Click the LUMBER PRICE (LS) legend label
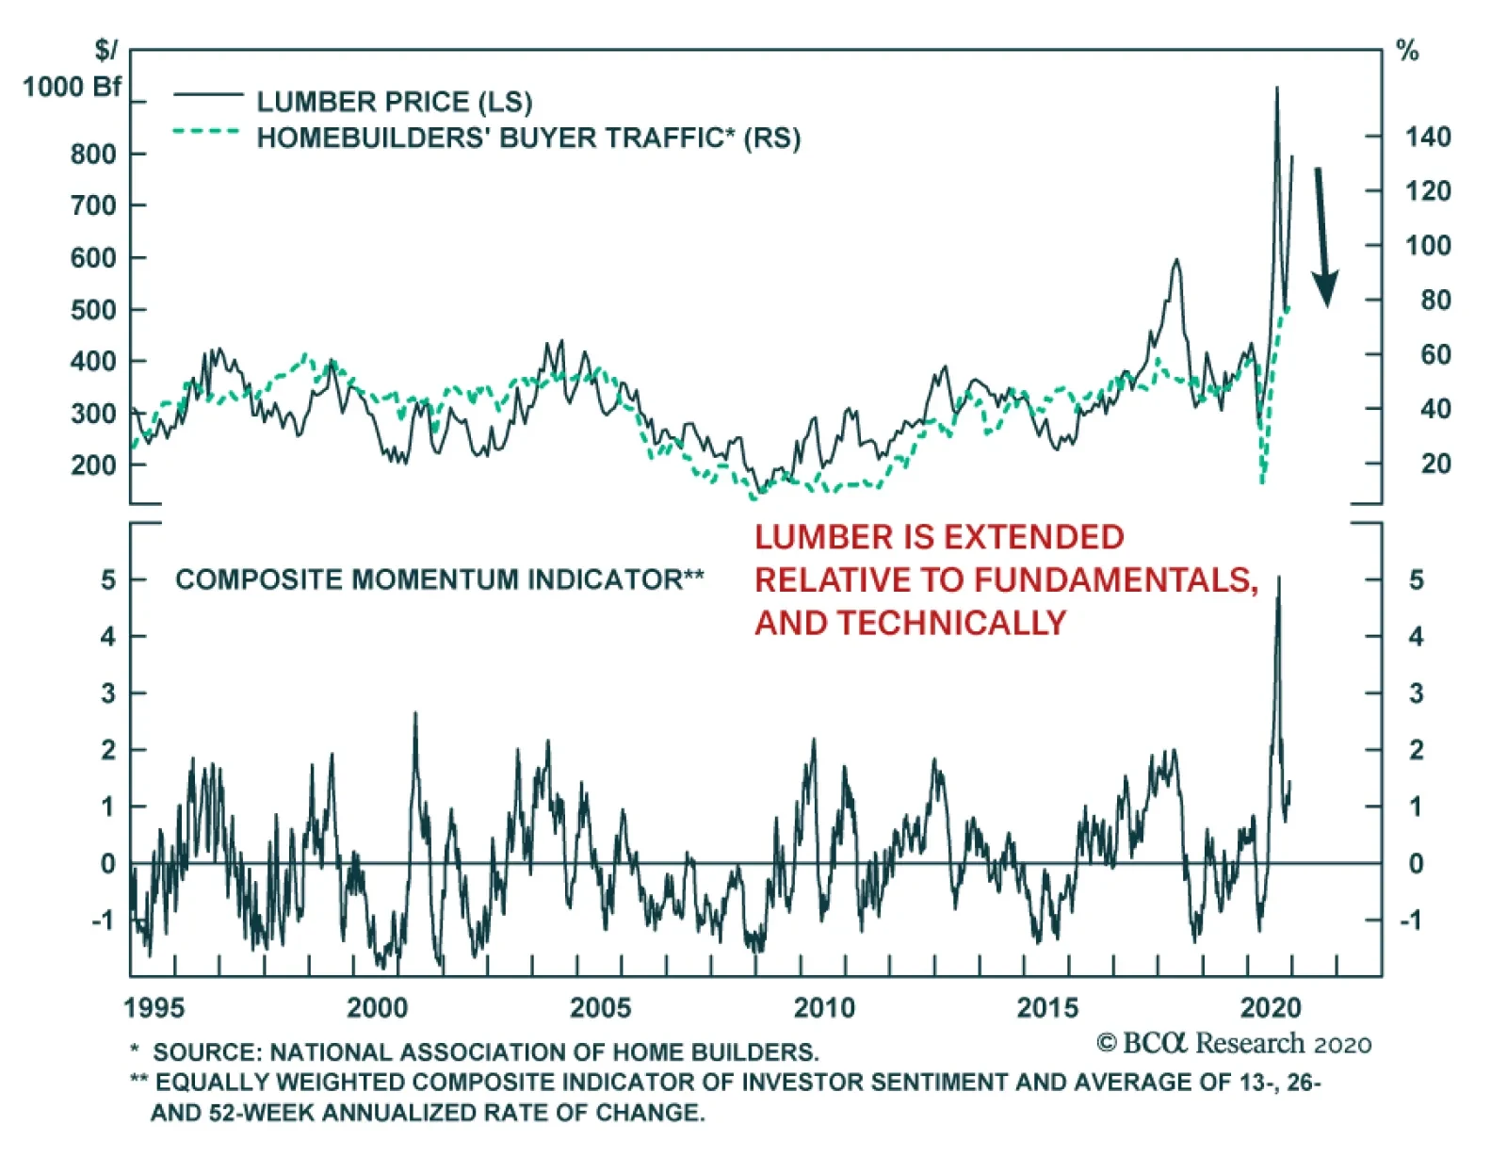(x=394, y=102)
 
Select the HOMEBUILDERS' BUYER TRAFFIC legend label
(x=527, y=138)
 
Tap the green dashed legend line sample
(x=206, y=131)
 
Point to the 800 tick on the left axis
(x=93, y=154)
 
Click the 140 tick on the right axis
(x=1428, y=138)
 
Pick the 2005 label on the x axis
(x=600, y=1007)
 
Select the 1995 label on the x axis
(x=154, y=1007)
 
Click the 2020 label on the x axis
(x=1271, y=1007)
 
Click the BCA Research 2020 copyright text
(x=1234, y=1044)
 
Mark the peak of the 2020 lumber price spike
(x=1277, y=89)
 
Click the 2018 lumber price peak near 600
(x=1175, y=260)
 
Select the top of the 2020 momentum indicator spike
(x=1278, y=577)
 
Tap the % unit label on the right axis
(x=1407, y=51)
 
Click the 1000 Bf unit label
(x=72, y=87)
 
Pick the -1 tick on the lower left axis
(x=104, y=920)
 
